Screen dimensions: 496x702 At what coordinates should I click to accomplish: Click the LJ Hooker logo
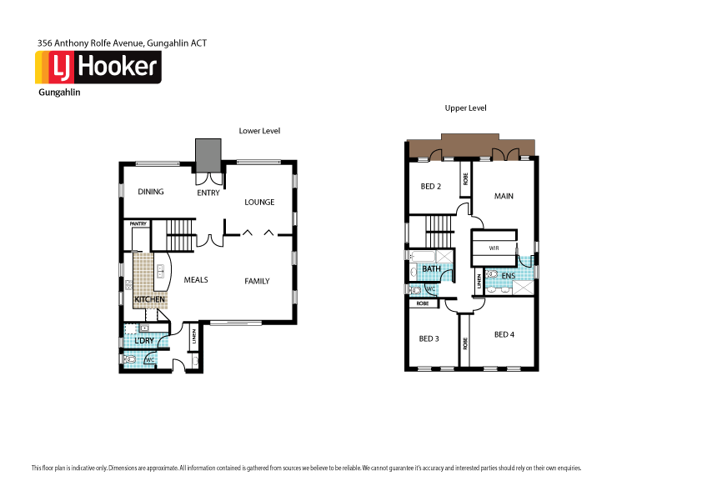click(x=98, y=67)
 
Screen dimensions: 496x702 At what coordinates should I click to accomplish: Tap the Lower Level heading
click(x=259, y=131)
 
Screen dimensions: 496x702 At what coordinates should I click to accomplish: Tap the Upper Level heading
click(x=465, y=108)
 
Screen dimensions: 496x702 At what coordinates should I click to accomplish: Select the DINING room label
click(x=151, y=192)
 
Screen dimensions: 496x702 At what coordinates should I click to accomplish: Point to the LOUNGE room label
click(x=259, y=202)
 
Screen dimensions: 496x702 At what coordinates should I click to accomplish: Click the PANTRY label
click(x=138, y=223)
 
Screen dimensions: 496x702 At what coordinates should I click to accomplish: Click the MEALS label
click(x=196, y=280)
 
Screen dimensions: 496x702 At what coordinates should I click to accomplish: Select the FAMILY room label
click(x=257, y=281)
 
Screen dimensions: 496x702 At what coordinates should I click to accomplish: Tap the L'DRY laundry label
click(x=143, y=341)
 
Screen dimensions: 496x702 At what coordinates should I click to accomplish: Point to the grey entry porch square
click(x=208, y=153)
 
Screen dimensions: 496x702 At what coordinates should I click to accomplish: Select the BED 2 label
click(x=431, y=186)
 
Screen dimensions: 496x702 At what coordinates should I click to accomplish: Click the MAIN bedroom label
click(x=504, y=196)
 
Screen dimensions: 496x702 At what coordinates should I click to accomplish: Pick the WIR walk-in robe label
click(x=494, y=248)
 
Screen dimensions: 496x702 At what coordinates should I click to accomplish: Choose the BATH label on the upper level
click(x=431, y=269)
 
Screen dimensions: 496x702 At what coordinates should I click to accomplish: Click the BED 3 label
click(x=429, y=338)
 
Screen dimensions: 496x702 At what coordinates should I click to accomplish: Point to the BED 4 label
click(x=504, y=334)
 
